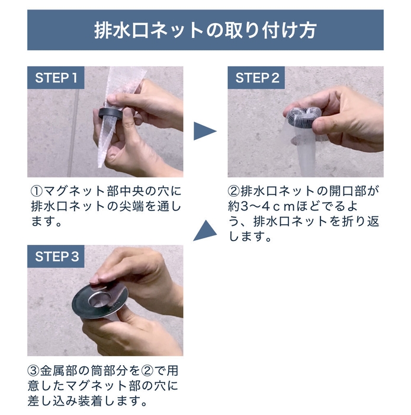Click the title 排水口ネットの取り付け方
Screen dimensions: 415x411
coord(205,30)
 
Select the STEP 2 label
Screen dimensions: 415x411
coord(256,78)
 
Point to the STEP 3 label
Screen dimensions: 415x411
coord(57,257)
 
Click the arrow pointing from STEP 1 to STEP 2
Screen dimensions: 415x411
coord(205,131)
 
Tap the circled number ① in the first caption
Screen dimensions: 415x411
coord(36,193)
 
